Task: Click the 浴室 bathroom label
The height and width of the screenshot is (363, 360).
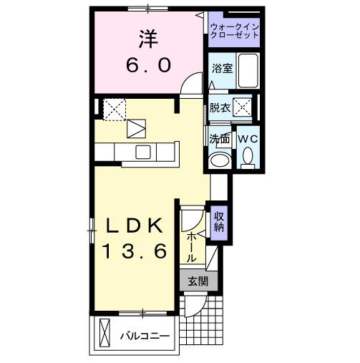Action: click(222, 69)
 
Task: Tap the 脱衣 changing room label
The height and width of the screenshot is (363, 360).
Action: click(220, 108)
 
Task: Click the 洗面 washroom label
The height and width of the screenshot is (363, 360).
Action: click(219, 139)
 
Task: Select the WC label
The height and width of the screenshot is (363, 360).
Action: click(248, 139)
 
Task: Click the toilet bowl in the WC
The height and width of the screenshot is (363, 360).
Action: click(248, 155)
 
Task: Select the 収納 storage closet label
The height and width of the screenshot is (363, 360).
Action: click(219, 223)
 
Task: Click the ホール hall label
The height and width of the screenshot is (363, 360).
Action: click(192, 247)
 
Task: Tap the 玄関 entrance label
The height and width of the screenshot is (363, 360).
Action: click(198, 281)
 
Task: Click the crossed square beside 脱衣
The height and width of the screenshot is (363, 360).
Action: click(243, 108)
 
